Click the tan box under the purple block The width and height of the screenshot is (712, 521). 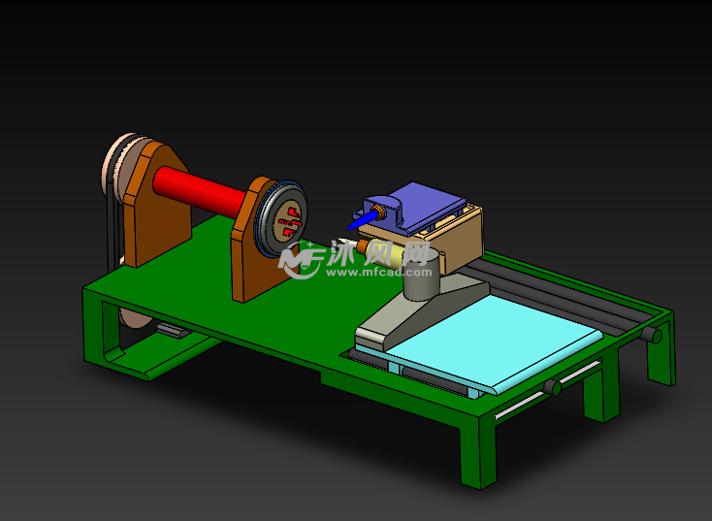tap(456, 239)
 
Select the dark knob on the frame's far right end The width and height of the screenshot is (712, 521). tap(656, 336)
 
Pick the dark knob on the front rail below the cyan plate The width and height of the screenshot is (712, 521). tap(553, 387)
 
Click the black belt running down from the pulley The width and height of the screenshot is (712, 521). tap(109, 233)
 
